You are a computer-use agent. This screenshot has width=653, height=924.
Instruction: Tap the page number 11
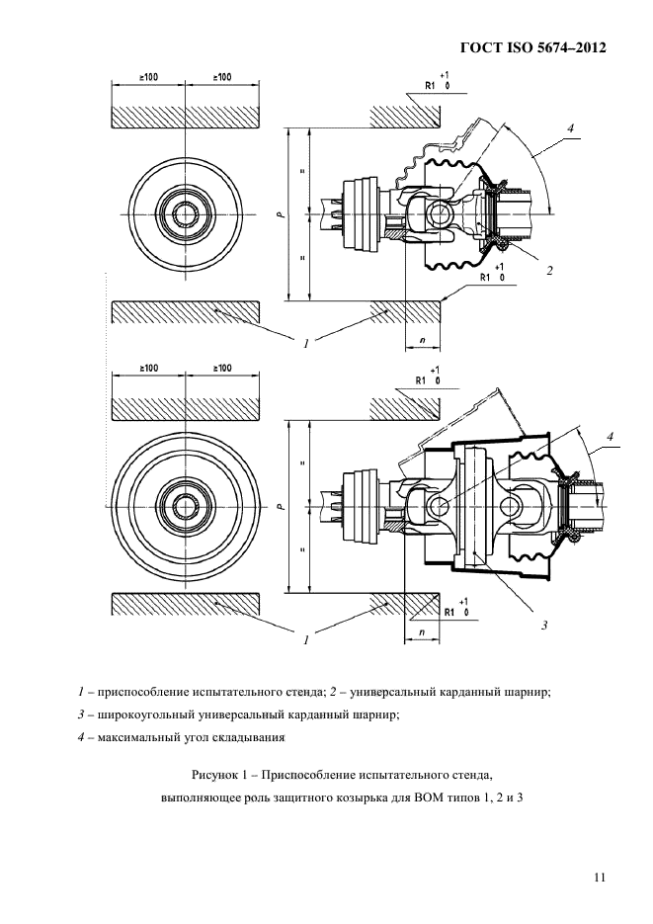click(599, 876)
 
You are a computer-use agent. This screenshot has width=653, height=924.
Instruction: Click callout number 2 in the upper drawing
click(549, 270)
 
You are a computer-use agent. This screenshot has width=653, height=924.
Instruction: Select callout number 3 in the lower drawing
click(543, 626)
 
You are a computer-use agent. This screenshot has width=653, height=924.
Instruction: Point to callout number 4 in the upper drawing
click(570, 128)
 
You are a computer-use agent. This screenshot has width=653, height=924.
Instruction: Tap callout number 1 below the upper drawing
click(307, 344)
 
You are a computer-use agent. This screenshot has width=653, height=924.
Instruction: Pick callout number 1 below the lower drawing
click(307, 639)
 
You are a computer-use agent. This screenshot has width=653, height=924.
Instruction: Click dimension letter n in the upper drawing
click(423, 338)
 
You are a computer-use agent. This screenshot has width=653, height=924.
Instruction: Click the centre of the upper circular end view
click(185, 213)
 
